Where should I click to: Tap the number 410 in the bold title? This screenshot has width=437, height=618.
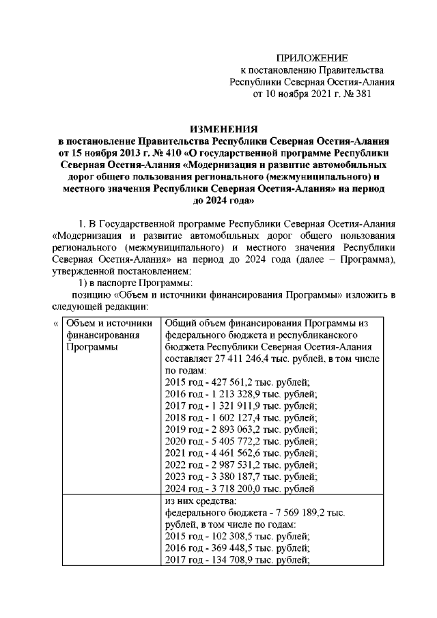169,152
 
